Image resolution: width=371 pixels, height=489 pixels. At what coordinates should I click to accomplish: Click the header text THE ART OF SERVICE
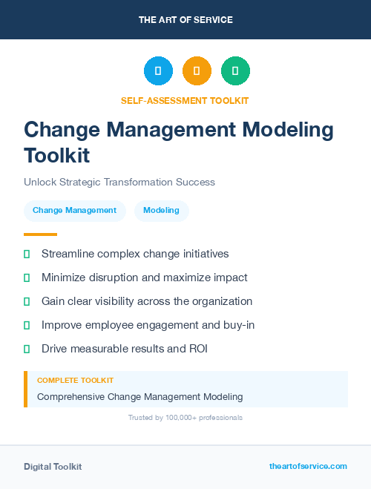tap(185, 20)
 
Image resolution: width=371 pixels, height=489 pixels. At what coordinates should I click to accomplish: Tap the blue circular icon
tap(158, 70)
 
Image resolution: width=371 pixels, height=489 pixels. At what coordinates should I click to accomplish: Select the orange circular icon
tap(197, 70)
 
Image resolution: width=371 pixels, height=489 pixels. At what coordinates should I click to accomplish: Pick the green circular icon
tap(235, 70)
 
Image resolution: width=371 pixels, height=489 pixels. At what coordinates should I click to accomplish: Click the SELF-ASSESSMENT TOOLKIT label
tap(185, 100)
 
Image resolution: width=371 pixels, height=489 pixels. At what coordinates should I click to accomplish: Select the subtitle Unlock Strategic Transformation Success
tap(119, 182)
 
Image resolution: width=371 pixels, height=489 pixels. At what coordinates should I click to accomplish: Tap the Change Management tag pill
tap(74, 210)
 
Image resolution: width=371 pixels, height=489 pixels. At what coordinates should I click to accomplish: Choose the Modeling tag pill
tap(161, 210)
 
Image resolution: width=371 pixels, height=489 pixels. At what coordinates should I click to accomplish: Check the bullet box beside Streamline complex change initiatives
tap(27, 254)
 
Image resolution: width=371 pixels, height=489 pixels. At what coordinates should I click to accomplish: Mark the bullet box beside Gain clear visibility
tap(27, 301)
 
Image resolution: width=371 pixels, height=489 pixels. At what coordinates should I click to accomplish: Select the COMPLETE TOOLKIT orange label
tap(75, 380)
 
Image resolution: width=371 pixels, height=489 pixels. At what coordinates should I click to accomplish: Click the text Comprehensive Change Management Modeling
tap(139, 396)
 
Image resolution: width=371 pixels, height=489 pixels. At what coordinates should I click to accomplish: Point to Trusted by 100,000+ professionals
tap(185, 418)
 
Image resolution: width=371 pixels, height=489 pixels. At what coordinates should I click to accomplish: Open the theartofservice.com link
tap(308, 466)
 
